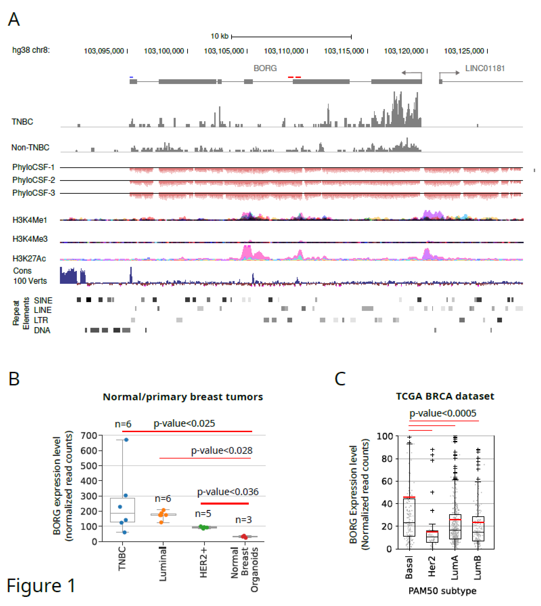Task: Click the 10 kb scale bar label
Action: [219, 36]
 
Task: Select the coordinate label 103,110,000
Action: [284, 51]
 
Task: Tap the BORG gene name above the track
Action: [265, 68]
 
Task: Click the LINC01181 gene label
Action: [485, 68]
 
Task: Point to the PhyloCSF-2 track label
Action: [34, 180]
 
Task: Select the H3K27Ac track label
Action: [29, 258]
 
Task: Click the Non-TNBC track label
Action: [30, 148]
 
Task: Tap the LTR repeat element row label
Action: [41, 320]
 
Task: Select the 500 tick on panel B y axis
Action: [89, 466]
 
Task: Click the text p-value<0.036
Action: [228, 492]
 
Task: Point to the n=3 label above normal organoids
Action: [243, 520]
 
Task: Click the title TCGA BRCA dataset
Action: [445, 396]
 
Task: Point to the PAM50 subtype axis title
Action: [442, 591]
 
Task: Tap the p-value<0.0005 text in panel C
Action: [443, 413]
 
